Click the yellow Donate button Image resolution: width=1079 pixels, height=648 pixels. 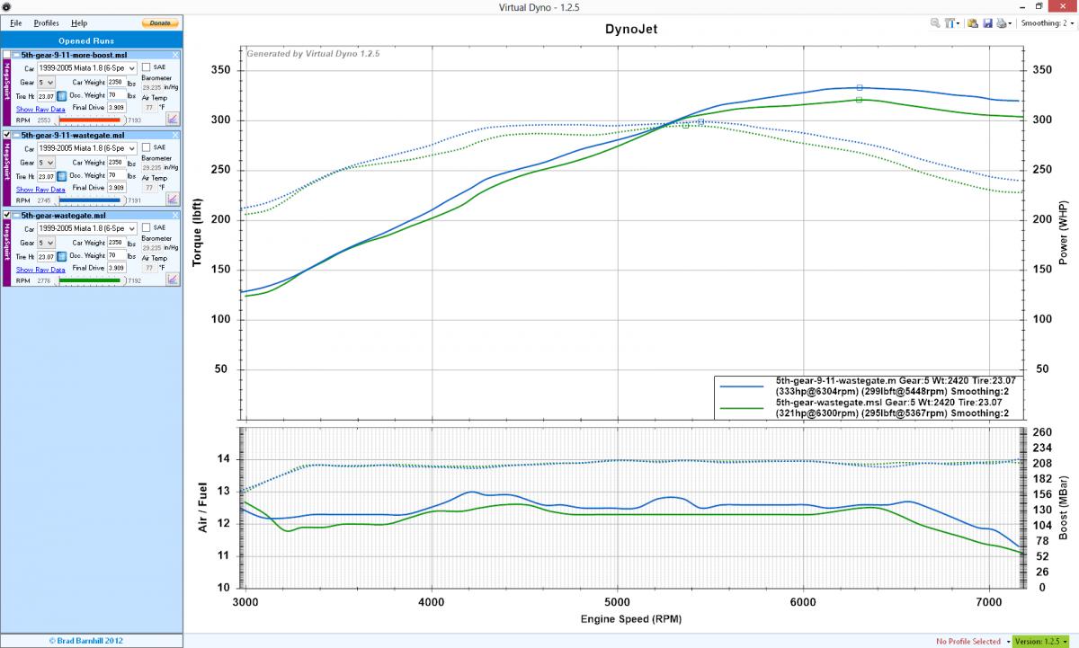[159, 22]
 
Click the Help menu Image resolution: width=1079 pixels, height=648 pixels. [79, 22]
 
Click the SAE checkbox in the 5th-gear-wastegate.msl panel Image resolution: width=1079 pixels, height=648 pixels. [147, 227]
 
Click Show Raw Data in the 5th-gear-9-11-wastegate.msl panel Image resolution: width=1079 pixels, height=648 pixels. [40, 190]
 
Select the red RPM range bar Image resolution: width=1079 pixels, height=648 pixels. [90, 120]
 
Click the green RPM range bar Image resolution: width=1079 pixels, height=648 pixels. [90, 280]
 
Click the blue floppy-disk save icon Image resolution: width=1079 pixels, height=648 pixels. [986, 23]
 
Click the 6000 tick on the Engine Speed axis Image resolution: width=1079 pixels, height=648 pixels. [802, 601]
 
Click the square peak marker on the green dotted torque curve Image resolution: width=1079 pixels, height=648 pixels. [686, 125]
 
